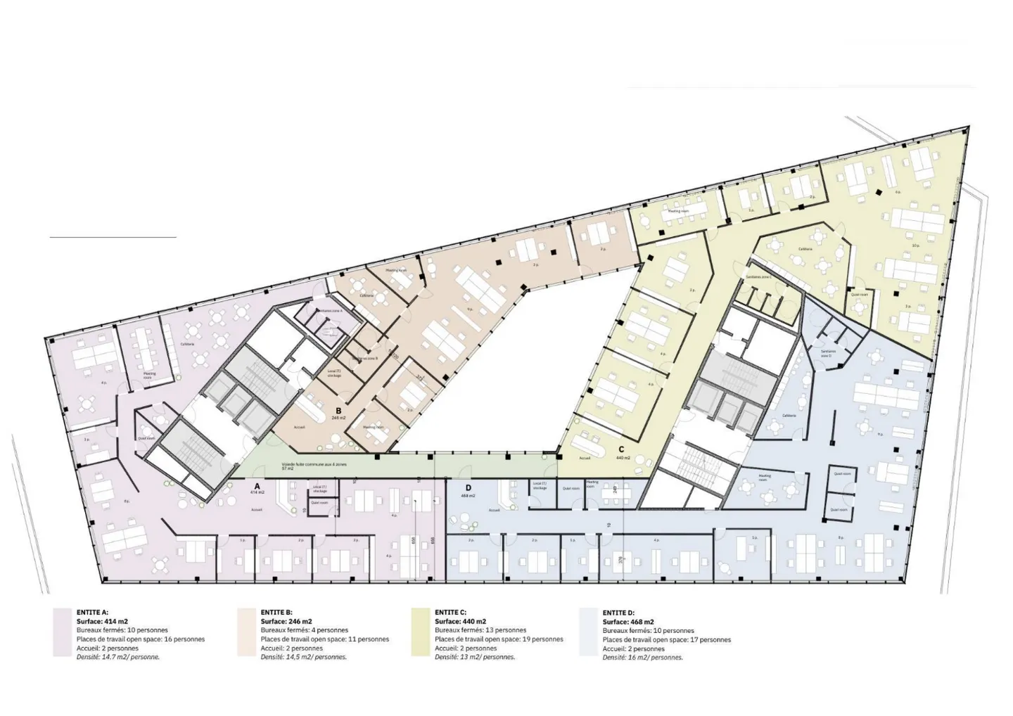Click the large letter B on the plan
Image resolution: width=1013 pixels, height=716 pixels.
tap(338, 410)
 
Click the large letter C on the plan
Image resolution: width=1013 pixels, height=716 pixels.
tap(621, 449)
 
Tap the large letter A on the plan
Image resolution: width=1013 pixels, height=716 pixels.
tap(257, 485)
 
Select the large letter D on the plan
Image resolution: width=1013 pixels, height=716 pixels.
tap(467, 487)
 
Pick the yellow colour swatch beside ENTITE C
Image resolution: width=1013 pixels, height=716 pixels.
tap(421, 632)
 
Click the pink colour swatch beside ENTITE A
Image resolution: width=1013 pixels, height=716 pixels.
tap(63, 632)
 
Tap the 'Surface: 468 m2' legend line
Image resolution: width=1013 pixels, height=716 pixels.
tap(628, 622)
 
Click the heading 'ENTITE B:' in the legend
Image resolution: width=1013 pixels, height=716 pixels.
tap(276, 613)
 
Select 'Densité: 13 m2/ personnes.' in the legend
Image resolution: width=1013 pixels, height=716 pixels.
tap(475, 657)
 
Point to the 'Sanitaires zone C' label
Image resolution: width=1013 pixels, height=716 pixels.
tap(759, 277)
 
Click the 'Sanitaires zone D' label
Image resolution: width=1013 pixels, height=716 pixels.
tap(827, 353)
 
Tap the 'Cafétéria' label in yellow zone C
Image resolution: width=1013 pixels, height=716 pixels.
tap(805, 249)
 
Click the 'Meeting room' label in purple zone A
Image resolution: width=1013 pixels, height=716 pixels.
tap(148, 376)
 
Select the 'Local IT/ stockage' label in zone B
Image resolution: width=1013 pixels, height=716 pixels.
tap(334, 373)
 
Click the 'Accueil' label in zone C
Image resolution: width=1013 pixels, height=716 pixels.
tap(585, 458)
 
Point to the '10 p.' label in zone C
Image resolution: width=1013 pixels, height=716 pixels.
tap(916, 245)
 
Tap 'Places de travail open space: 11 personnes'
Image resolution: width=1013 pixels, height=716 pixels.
tap(324, 639)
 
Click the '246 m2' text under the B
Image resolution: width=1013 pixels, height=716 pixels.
tap(339, 418)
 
